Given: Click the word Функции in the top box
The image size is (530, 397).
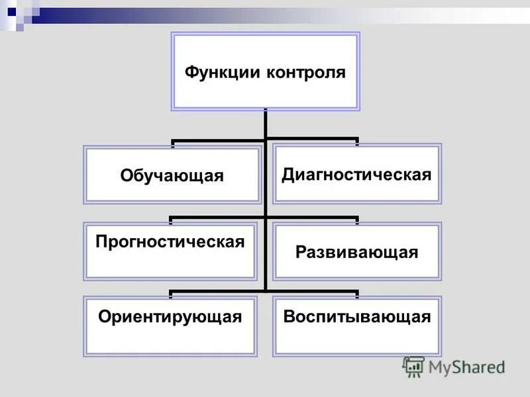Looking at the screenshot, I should point(223,71).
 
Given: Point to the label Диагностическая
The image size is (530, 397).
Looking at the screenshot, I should point(357,175).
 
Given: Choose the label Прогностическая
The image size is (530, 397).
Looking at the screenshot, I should point(170,242).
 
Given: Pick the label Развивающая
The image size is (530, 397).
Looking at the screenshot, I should point(357,252).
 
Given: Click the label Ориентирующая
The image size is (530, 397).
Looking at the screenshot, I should point(170,316).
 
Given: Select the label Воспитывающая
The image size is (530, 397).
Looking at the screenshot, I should point(357,316).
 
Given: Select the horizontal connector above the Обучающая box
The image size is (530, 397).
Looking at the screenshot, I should point(219,140).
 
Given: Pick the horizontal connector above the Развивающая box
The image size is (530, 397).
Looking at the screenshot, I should point(311,217).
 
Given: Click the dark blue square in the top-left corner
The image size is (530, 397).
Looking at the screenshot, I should point(12,11).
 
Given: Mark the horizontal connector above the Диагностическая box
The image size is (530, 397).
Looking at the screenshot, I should point(311,140).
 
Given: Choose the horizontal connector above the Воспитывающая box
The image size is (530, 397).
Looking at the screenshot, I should point(311,290).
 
